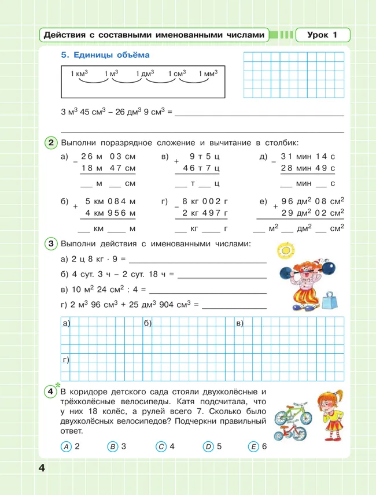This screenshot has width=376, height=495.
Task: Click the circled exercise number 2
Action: (51, 143)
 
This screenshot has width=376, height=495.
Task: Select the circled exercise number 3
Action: (51, 244)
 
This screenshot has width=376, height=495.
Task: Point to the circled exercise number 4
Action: (51, 392)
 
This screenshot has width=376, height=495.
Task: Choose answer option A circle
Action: (67, 446)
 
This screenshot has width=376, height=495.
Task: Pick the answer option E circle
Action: (253, 446)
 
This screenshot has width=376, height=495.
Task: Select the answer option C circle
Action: (161, 446)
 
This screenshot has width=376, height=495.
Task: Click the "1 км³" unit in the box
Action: (78, 74)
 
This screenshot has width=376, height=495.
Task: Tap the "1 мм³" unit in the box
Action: (208, 74)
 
